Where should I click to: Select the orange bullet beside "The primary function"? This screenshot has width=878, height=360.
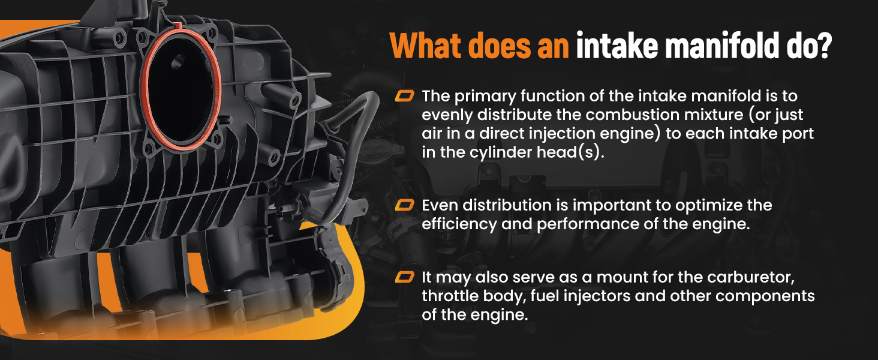coord(404,95)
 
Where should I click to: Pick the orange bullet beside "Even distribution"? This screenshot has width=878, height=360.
coord(404,205)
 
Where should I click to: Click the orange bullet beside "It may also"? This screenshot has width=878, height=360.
coord(404,277)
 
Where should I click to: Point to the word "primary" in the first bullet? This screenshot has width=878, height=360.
coord(485,97)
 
